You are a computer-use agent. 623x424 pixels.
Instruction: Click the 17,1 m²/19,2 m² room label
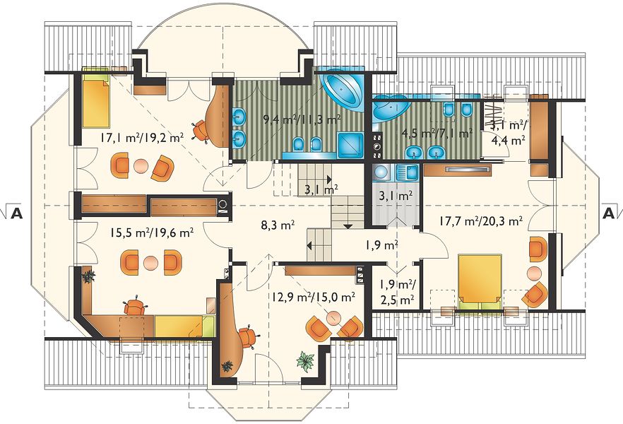pyautogui.click(x=141, y=138)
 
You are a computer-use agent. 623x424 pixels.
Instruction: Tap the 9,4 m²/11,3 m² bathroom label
pyautogui.click(x=302, y=119)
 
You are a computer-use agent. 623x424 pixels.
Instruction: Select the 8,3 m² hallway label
pyautogui.click(x=278, y=225)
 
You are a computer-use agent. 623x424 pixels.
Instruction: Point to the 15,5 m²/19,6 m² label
pyautogui.click(x=153, y=232)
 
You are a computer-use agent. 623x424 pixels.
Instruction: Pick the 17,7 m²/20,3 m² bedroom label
pyautogui.click(x=481, y=220)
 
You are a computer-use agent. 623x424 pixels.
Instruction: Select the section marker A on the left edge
pyautogui.click(x=16, y=213)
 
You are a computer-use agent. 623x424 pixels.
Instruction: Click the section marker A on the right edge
pyautogui.click(x=608, y=213)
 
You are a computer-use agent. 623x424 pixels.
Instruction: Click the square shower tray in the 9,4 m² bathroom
pyautogui.click(x=350, y=146)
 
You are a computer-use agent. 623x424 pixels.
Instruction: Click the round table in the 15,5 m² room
pyautogui.click(x=150, y=263)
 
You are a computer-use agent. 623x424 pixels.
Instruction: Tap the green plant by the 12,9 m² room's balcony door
pyautogui.click(x=306, y=362)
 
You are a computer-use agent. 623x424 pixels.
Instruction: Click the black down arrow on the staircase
pyautogui.click(x=348, y=227)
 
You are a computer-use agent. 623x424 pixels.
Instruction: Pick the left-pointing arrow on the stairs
pyautogui.click(x=309, y=246)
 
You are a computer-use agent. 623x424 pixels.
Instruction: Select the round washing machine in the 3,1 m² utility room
pyautogui.click(x=382, y=172)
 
